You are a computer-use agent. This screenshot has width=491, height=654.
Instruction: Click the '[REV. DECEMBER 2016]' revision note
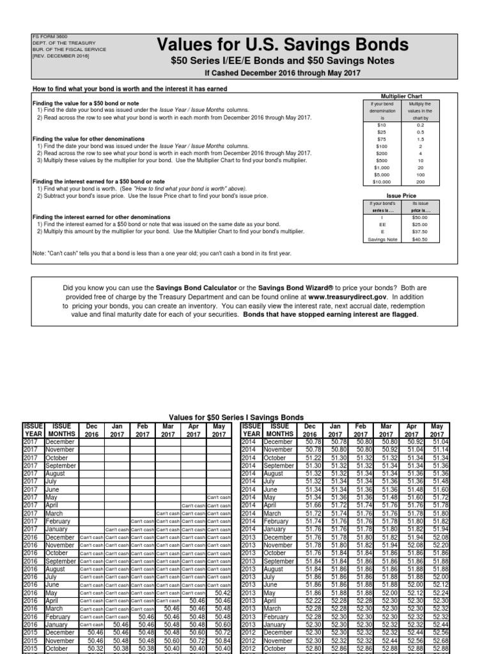pos(61,56)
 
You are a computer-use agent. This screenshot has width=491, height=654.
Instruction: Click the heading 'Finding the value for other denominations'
pos(88,139)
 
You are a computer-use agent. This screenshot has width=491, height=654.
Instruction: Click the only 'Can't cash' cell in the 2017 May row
pos(219,498)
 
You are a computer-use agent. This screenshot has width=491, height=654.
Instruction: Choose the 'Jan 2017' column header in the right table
pos(336,429)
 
